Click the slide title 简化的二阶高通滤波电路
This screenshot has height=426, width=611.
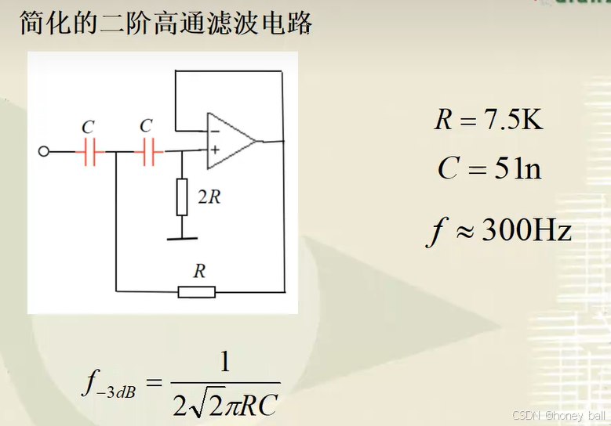pos(165,23)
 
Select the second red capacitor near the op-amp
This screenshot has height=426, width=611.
pos(147,152)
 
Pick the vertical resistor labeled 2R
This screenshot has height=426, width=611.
pos(182,197)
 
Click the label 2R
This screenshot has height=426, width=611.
pos(208,197)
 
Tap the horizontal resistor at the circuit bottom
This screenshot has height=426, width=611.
pos(197,292)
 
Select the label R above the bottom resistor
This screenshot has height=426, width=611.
pos(199,271)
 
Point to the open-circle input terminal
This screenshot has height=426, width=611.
pos(44,152)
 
